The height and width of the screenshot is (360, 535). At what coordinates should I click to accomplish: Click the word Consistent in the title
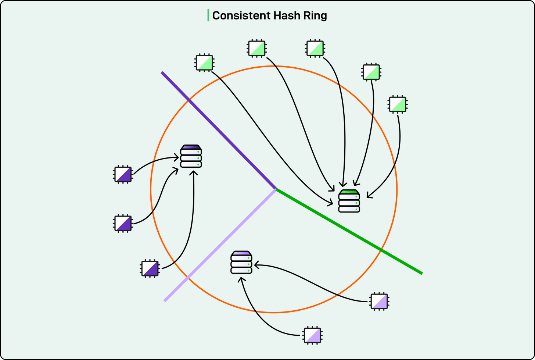click(241, 15)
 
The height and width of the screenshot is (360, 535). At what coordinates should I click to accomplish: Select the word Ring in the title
click(316, 15)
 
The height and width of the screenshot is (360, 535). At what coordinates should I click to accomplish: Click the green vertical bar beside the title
click(208, 15)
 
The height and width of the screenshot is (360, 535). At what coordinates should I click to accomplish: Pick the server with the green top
click(349, 201)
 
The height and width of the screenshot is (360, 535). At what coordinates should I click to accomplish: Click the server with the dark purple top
click(191, 156)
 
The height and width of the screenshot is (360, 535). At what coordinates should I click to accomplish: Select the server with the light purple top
click(241, 263)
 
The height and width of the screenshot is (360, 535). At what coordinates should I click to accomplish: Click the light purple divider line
click(220, 245)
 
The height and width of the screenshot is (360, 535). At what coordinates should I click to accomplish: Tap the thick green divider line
click(349, 232)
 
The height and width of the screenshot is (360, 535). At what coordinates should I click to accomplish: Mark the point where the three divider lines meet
click(276, 189)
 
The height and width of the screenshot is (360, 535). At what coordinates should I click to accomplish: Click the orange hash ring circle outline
click(397, 189)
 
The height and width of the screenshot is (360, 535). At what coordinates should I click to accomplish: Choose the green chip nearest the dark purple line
click(204, 63)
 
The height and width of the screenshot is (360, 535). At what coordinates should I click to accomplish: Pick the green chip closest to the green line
click(398, 104)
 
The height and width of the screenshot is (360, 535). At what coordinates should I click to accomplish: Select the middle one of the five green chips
click(315, 48)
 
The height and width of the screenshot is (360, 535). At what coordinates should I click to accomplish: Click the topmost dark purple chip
click(123, 174)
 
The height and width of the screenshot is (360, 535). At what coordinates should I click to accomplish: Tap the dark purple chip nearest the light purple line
click(150, 268)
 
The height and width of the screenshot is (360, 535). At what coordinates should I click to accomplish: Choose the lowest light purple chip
click(312, 335)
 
